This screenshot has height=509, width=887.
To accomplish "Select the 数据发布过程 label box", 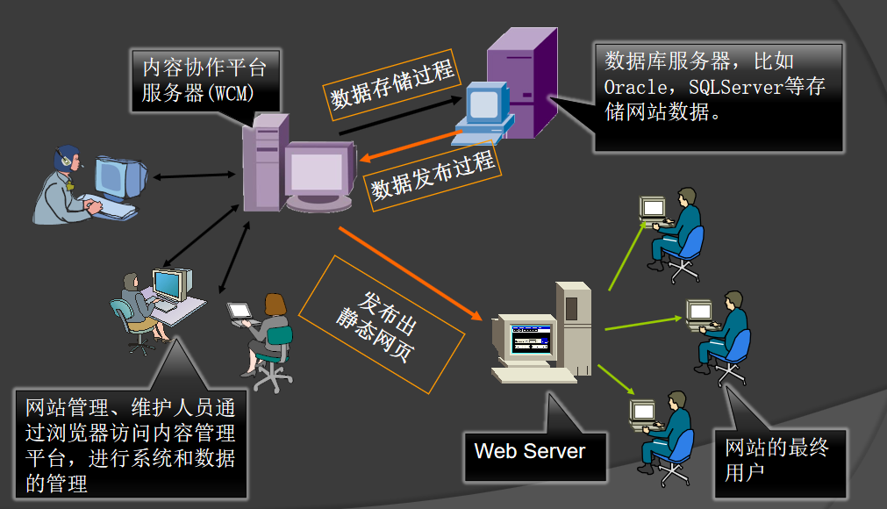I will (x=433, y=174).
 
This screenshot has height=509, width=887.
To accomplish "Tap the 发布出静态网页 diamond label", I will (x=382, y=324).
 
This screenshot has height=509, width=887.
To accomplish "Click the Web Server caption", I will (x=529, y=452).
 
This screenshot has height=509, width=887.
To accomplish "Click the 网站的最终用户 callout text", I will (x=776, y=460).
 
